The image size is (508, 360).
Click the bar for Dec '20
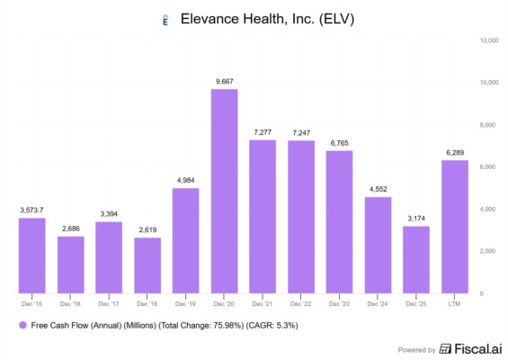pyautogui.click(x=224, y=192)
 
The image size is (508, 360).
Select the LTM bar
pyautogui.click(x=455, y=227)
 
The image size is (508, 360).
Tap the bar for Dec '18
pyautogui.click(x=147, y=265)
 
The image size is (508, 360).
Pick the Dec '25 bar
pyautogui.click(x=416, y=260)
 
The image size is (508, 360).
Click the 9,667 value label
pyautogui.click(x=225, y=81)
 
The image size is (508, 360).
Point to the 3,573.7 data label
pyautogui.click(x=31, y=211)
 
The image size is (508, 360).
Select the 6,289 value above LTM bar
pyautogui.click(x=455, y=153)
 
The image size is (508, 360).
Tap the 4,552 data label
pyautogui.click(x=379, y=189)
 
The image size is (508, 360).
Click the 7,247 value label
pyautogui.click(x=301, y=133)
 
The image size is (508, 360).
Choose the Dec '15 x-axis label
pyautogui.click(x=31, y=304)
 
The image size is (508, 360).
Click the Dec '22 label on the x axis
pyautogui.click(x=300, y=304)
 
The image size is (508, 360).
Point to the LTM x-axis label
pyautogui.click(x=454, y=304)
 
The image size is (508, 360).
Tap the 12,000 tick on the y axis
pyautogui.click(x=489, y=40)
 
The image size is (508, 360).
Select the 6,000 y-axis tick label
pyautogui.click(x=487, y=167)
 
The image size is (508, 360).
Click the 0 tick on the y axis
pyautogui.click(x=482, y=293)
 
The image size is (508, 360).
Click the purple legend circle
pyautogui.click(x=22, y=325)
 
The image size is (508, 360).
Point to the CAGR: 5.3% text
pyautogui.click(x=272, y=325)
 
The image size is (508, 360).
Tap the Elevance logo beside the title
pyautogui.click(x=165, y=20)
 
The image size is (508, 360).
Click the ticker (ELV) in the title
pyautogui.click(x=336, y=19)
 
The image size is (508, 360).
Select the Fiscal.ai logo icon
pyautogui.click(x=445, y=349)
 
